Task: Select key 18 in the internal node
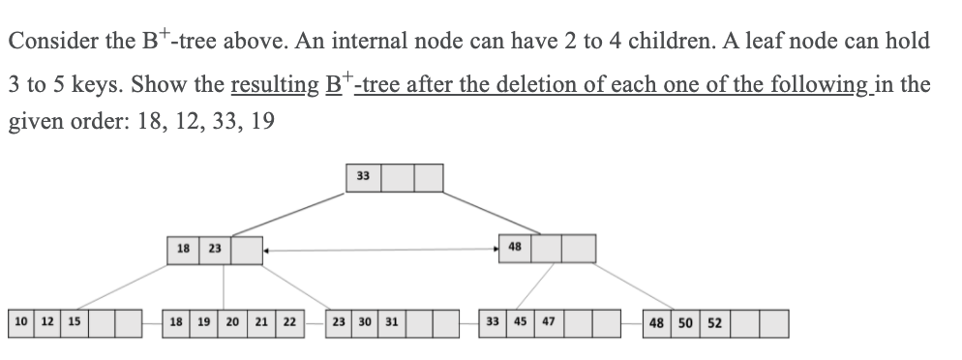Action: (181, 248)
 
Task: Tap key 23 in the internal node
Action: (214, 248)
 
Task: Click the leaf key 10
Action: (19, 320)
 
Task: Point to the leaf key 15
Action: (74, 320)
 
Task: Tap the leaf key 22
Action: (289, 320)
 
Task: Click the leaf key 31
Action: (391, 320)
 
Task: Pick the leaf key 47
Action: (549, 320)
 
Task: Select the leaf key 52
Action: (714, 320)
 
